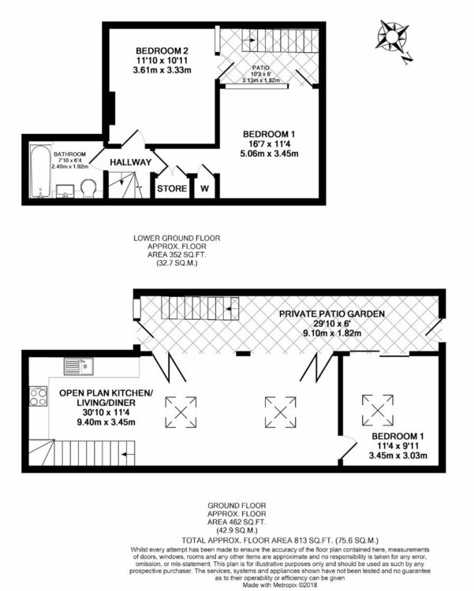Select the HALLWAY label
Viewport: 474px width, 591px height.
(131, 162)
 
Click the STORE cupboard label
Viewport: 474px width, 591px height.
(172, 189)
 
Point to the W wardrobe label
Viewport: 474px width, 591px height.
(205, 189)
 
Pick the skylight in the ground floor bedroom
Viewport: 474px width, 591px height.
(376, 407)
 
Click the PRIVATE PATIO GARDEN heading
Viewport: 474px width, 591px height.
(331, 313)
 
